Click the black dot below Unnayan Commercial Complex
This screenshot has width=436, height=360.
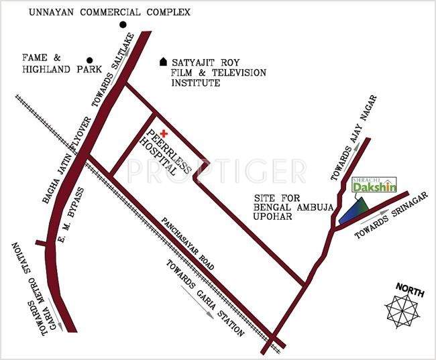pyautogui.click(x=123, y=25)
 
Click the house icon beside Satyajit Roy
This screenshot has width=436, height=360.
pyautogui.click(x=163, y=62)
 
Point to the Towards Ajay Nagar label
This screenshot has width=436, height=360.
pyautogui.click(x=353, y=138)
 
